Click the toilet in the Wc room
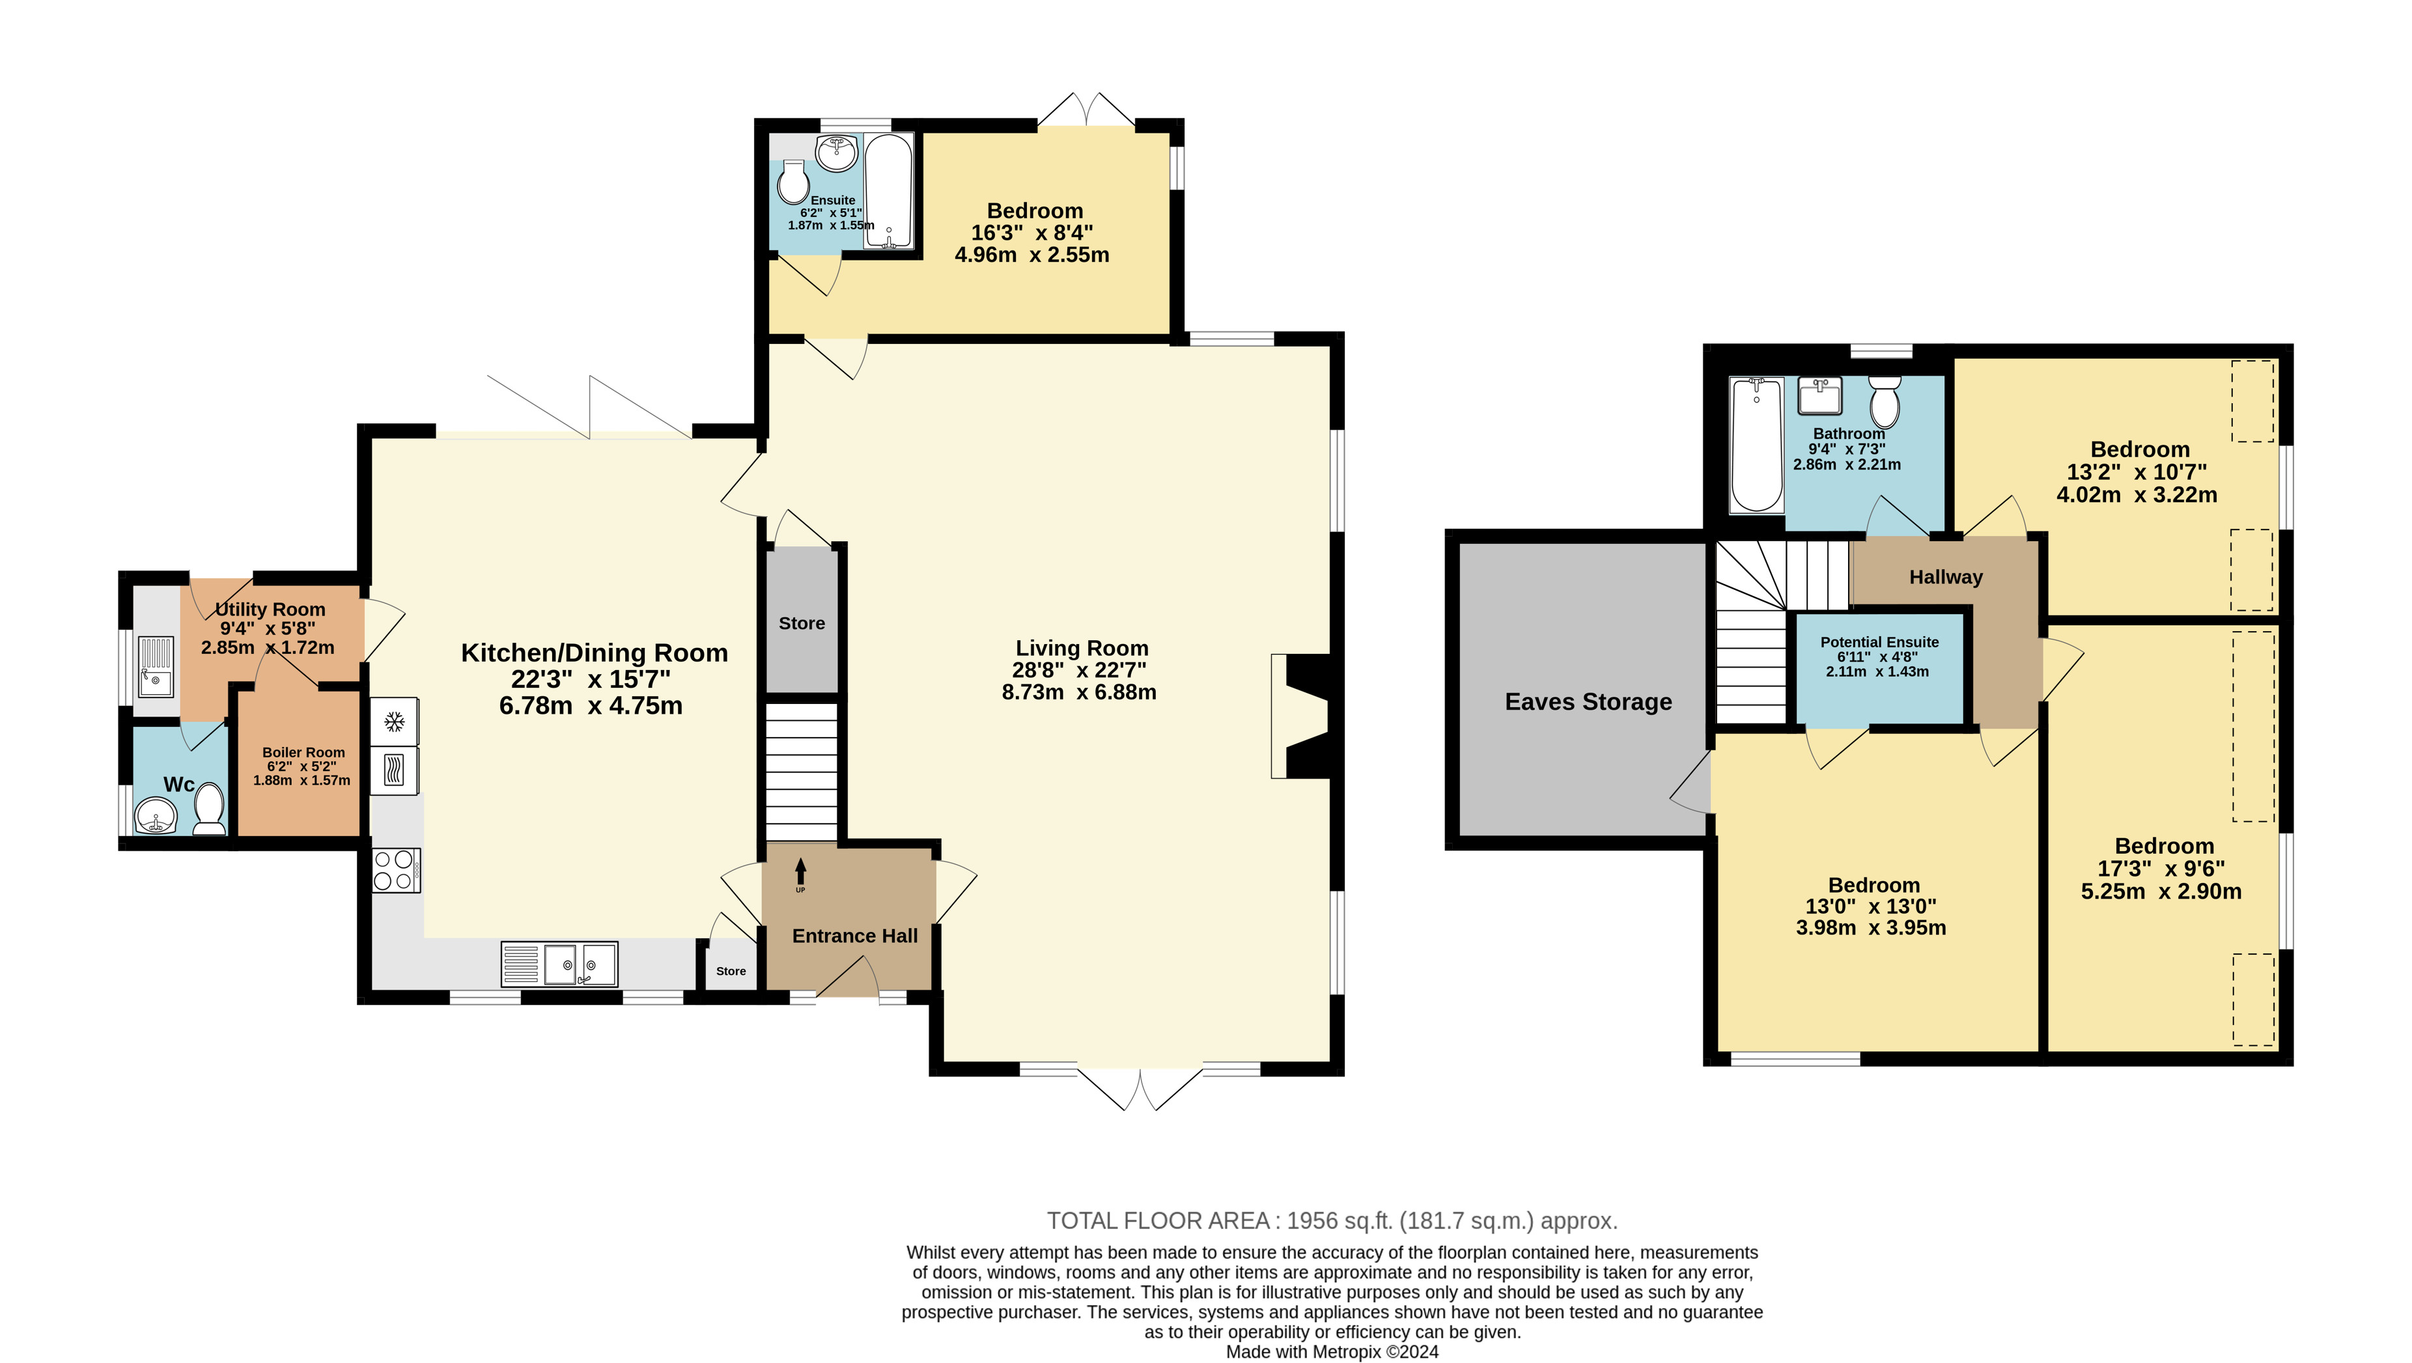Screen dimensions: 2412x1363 point(210,809)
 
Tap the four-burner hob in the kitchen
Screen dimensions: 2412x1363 point(396,869)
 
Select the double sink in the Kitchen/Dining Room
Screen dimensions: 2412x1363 point(580,963)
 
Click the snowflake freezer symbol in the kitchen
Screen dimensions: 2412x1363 point(394,722)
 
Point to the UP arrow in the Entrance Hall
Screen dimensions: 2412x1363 point(800,875)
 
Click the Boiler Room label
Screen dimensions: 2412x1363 point(303,753)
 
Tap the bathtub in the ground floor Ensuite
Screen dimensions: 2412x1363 point(888,192)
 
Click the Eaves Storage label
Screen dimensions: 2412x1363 point(1588,702)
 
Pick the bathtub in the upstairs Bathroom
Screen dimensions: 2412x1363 point(1756,445)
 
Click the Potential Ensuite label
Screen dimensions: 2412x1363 point(1879,642)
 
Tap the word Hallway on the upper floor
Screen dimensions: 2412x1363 point(1946,577)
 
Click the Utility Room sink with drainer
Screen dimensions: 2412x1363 point(156,667)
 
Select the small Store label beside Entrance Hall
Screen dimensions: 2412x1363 point(731,971)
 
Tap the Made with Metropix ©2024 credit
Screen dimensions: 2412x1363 point(1332,1352)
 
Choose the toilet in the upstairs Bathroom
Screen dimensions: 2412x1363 point(1884,402)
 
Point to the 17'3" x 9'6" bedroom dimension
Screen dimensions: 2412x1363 point(2161,869)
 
